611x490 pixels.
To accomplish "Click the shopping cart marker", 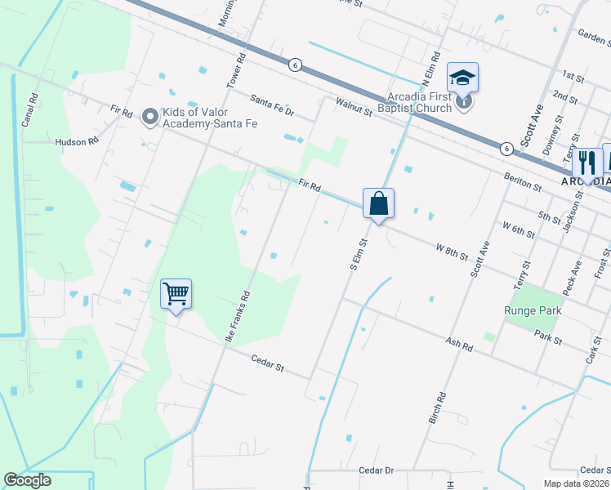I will click(176, 294).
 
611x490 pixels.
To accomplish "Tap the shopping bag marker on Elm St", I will click(378, 203).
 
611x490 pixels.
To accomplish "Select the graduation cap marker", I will click(462, 78).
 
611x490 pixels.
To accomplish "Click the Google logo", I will click(26, 480).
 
